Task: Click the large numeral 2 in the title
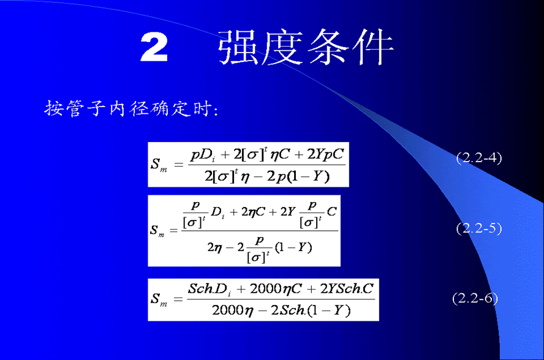[154, 47]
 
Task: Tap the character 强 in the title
[239, 47]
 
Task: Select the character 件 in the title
[373, 47]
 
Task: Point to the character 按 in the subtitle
[53, 108]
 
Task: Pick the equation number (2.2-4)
[479, 158]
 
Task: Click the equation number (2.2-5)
[479, 228]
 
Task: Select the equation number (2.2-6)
[475, 298]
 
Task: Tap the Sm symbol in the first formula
[159, 165]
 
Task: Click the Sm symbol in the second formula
[157, 231]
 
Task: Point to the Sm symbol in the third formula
[159, 299]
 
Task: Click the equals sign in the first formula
[178, 165]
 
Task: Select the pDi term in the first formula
[203, 155]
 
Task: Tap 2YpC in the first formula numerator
[325, 154]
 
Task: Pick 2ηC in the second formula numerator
[254, 212]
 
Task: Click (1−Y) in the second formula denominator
[293, 247]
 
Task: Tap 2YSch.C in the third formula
[347, 288]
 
